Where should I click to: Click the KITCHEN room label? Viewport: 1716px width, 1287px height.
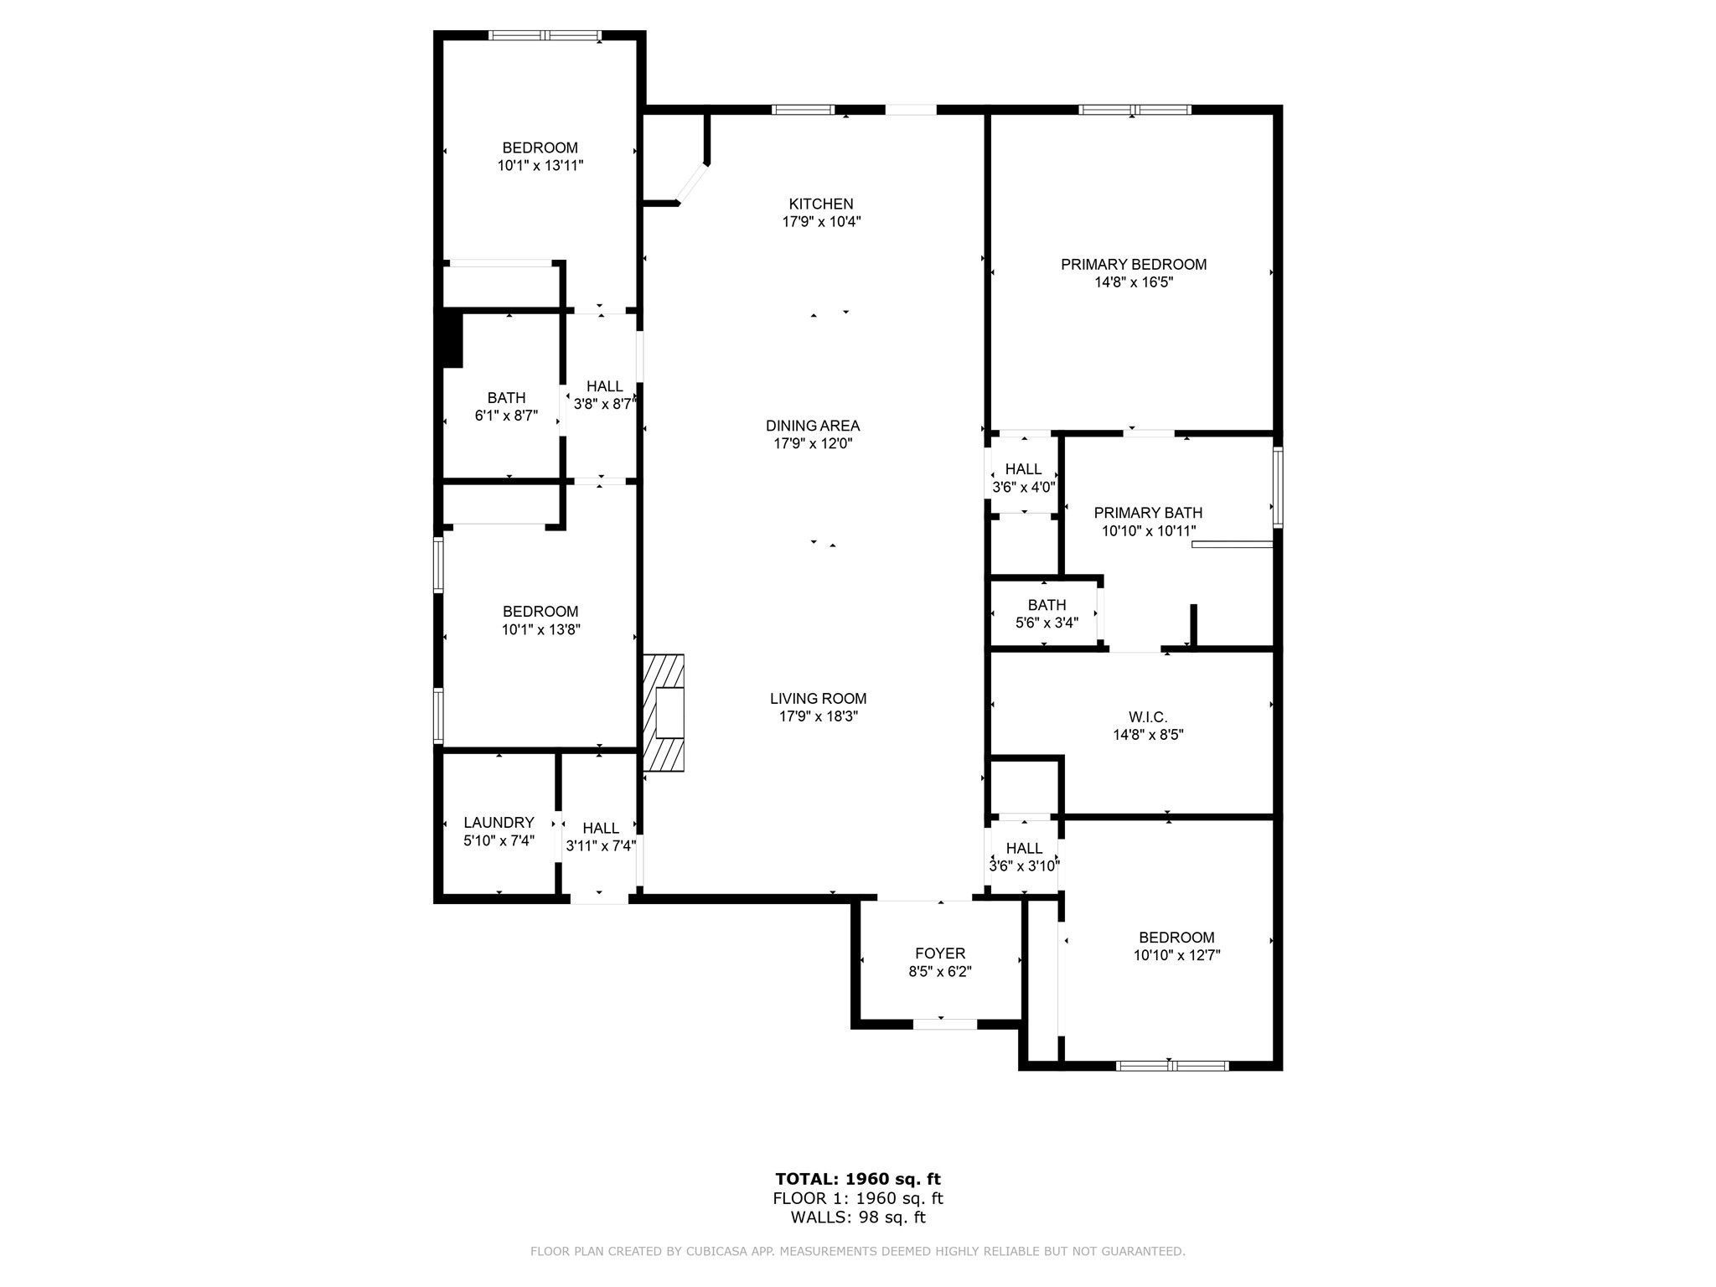click(820, 204)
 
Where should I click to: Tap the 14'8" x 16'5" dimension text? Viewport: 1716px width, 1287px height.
click(1133, 282)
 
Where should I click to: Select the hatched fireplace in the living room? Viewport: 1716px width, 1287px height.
click(663, 713)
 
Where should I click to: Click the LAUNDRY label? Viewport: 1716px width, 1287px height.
click(499, 822)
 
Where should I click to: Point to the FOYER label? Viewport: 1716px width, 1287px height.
click(940, 954)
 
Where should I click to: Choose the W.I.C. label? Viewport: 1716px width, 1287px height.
click(1147, 717)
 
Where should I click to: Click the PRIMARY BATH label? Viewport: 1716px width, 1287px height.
click(1148, 513)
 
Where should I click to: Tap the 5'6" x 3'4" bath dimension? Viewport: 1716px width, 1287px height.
click(1047, 623)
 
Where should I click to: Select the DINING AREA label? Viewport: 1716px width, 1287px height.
click(812, 426)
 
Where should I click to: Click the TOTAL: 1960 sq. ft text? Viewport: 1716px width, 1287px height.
click(858, 1179)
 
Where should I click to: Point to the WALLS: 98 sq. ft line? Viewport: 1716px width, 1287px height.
click(858, 1217)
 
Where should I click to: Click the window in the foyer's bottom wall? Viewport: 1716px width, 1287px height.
click(944, 1024)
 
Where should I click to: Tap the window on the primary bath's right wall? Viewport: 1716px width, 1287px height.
click(1278, 487)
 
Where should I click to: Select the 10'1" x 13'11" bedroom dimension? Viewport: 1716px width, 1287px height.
click(540, 166)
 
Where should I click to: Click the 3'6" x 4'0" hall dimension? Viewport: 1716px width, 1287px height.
click(1023, 487)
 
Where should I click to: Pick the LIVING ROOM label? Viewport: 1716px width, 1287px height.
click(818, 698)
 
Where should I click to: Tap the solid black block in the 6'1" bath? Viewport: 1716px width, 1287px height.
click(452, 339)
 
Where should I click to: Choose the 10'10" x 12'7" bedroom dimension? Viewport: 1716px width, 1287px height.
click(1176, 955)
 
